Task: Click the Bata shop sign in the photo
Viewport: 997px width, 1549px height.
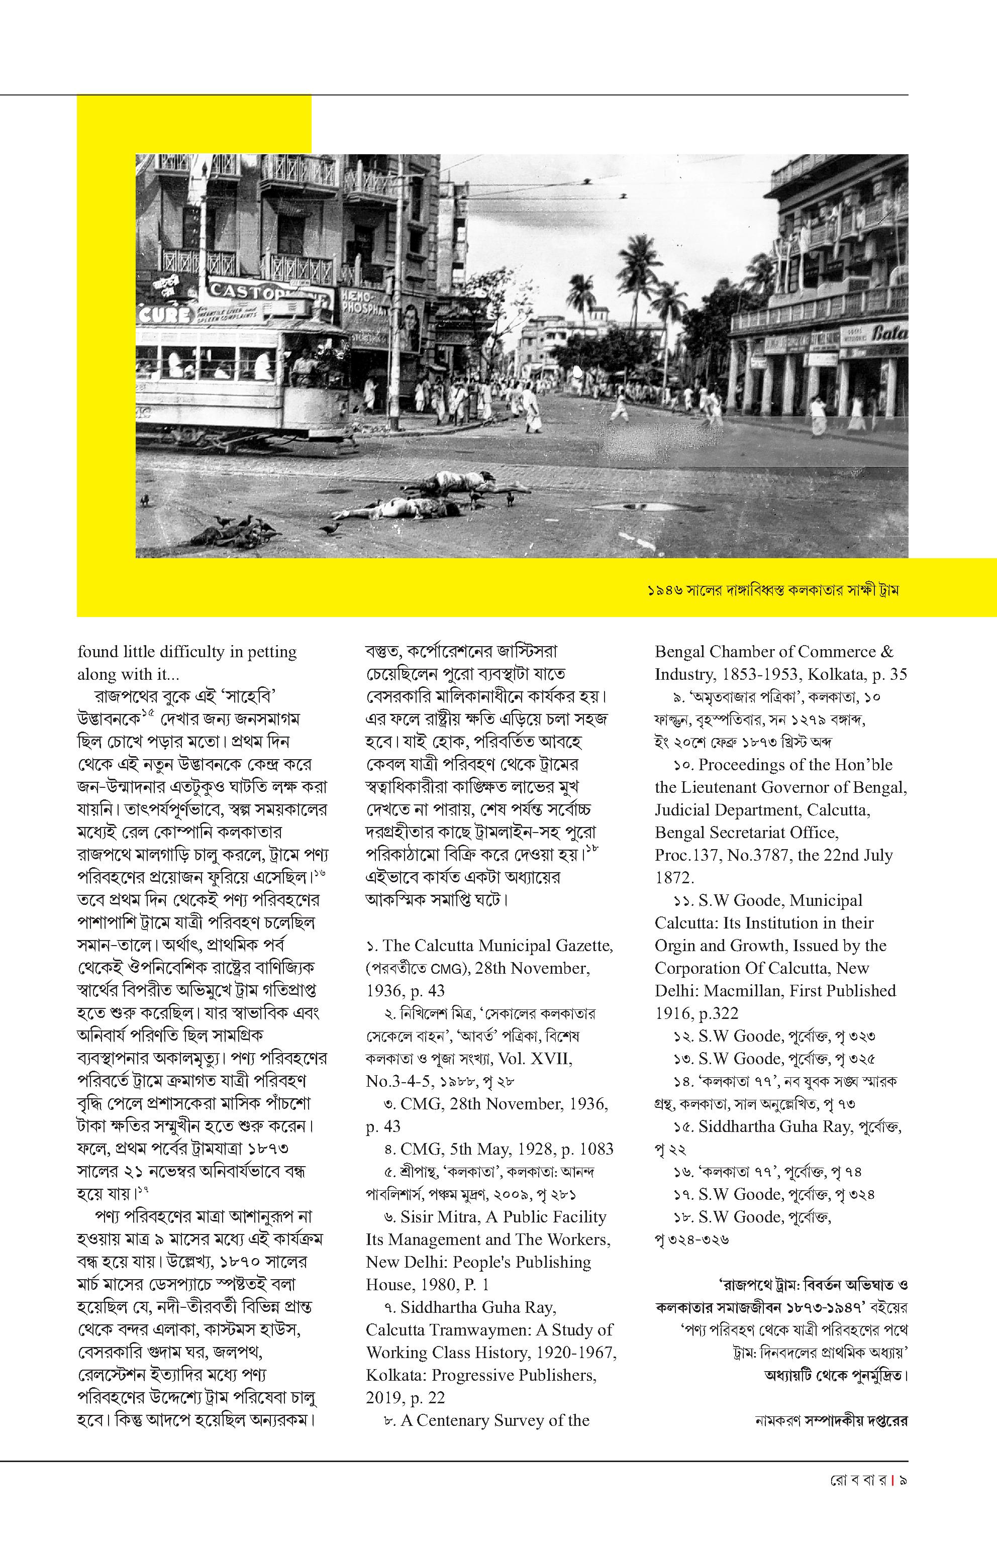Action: point(889,333)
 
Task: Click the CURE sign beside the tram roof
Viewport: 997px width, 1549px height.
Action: point(166,315)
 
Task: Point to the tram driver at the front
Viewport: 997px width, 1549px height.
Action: point(302,366)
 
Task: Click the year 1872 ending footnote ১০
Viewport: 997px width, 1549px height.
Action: point(674,878)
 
